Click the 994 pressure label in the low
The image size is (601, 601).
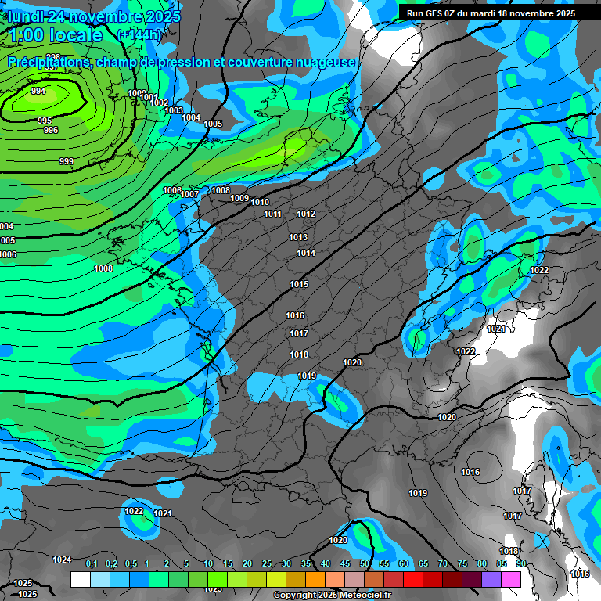(x=38, y=92)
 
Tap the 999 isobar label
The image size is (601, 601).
(x=67, y=161)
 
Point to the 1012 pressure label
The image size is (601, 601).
(x=306, y=214)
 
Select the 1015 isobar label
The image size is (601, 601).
(x=299, y=284)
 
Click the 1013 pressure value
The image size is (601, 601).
(x=298, y=237)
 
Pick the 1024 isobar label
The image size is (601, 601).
(x=62, y=560)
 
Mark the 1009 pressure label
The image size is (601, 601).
(x=239, y=198)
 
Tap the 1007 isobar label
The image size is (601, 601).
(x=190, y=194)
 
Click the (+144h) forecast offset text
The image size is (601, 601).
(x=139, y=34)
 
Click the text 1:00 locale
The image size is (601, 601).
(x=53, y=35)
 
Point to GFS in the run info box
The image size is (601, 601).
(x=437, y=13)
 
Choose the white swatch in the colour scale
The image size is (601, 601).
(x=80, y=579)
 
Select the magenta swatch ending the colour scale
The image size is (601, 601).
(x=511, y=579)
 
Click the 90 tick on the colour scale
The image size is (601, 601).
(x=520, y=564)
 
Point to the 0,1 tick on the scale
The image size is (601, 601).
(x=91, y=564)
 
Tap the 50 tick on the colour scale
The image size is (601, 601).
(x=365, y=564)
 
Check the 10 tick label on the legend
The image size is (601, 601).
(x=207, y=564)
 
